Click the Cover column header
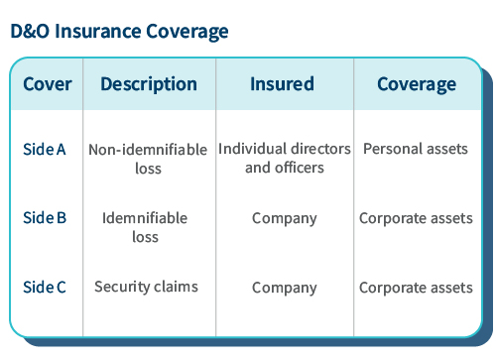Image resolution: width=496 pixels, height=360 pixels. pos(47,84)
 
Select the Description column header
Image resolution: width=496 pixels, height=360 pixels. pos(149,84)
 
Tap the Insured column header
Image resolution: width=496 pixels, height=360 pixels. pos(284,84)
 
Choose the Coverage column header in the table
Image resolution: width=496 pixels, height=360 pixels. pos(416,84)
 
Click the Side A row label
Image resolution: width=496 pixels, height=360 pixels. pos(44,150)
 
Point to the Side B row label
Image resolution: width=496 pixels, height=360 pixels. pos(44,218)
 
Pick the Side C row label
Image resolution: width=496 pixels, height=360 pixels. pos(44,288)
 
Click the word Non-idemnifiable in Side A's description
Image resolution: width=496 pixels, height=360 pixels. pos(148,151)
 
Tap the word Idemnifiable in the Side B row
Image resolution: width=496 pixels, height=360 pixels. pos(145,218)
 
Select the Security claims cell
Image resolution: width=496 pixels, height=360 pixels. pos(146,287)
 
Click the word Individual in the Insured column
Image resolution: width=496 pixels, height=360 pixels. pos(252,149)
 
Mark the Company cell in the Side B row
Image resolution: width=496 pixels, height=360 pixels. pos(284,218)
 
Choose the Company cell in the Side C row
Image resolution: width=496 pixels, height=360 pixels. pos(284,288)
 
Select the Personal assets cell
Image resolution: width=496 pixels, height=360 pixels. pos(415,149)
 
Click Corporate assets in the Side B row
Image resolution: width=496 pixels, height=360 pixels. pos(416,218)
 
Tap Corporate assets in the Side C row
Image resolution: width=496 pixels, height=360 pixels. pos(416,288)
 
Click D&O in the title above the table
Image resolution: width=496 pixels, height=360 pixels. pos(30,32)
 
